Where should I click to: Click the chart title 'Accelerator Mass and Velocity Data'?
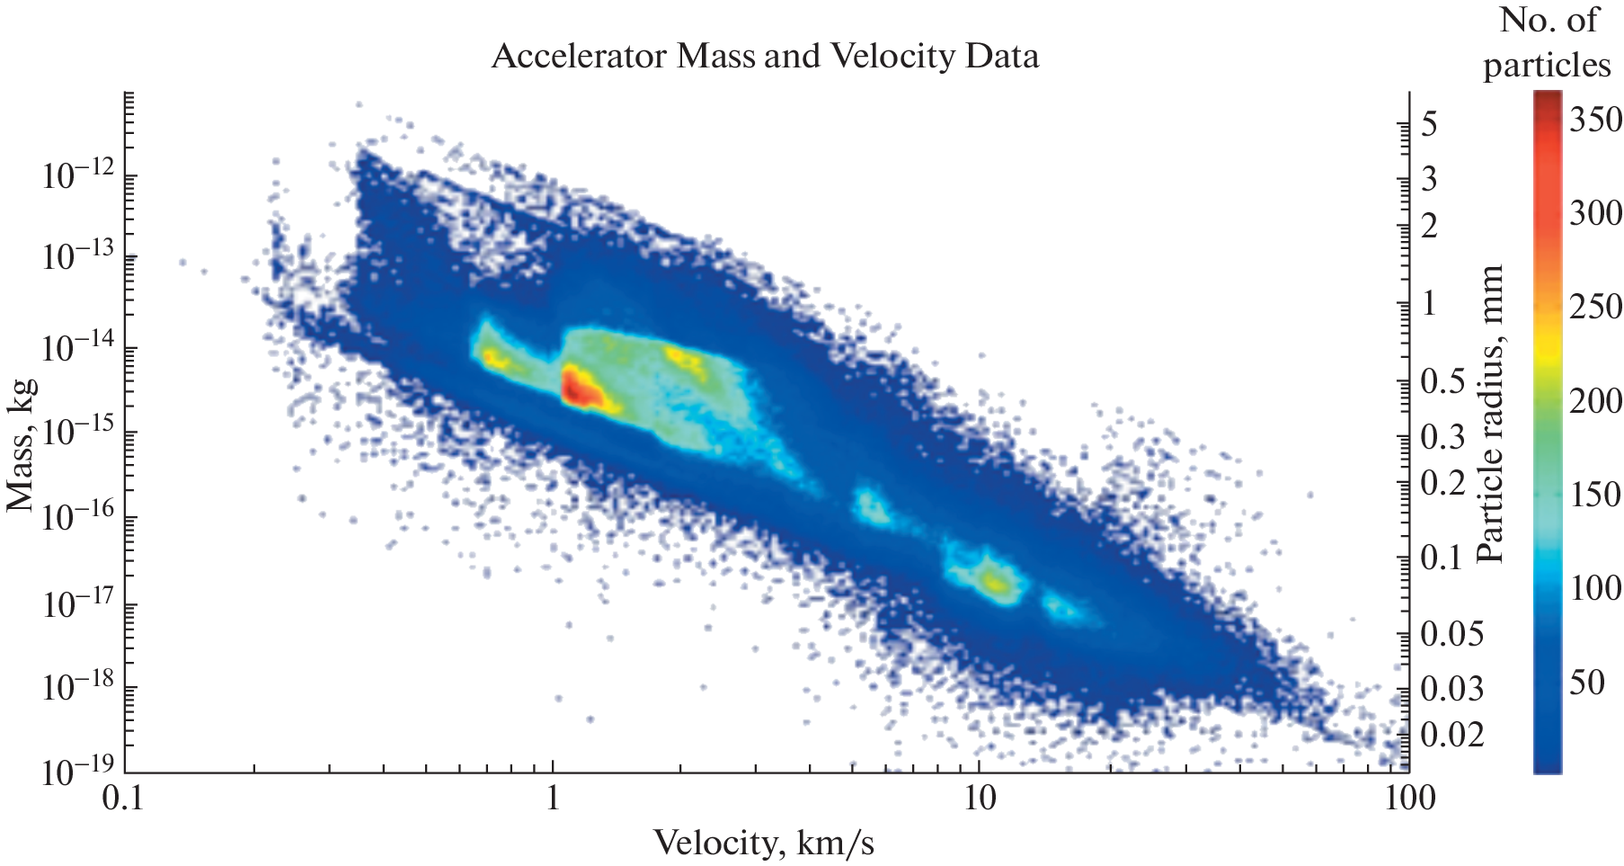pyautogui.click(x=765, y=57)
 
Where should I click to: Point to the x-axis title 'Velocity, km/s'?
pyautogui.click(x=763, y=844)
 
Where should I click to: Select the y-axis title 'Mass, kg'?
pyautogui.click(x=22, y=445)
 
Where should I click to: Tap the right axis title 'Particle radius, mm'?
pyautogui.click(x=1490, y=414)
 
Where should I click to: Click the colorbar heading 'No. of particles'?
pyautogui.click(x=1548, y=42)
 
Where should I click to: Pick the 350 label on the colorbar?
pyautogui.click(x=1596, y=120)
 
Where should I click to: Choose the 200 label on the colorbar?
pyautogui.click(x=1596, y=401)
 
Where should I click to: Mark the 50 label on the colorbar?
pyautogui.click(x=1587, y=683)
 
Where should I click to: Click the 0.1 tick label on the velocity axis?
pyautogui.click(x=123, y=798)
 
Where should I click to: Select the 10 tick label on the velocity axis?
pyautogui.click(x=979, y=798)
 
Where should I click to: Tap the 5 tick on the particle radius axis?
pyautogui.click(x=1429, y=123)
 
